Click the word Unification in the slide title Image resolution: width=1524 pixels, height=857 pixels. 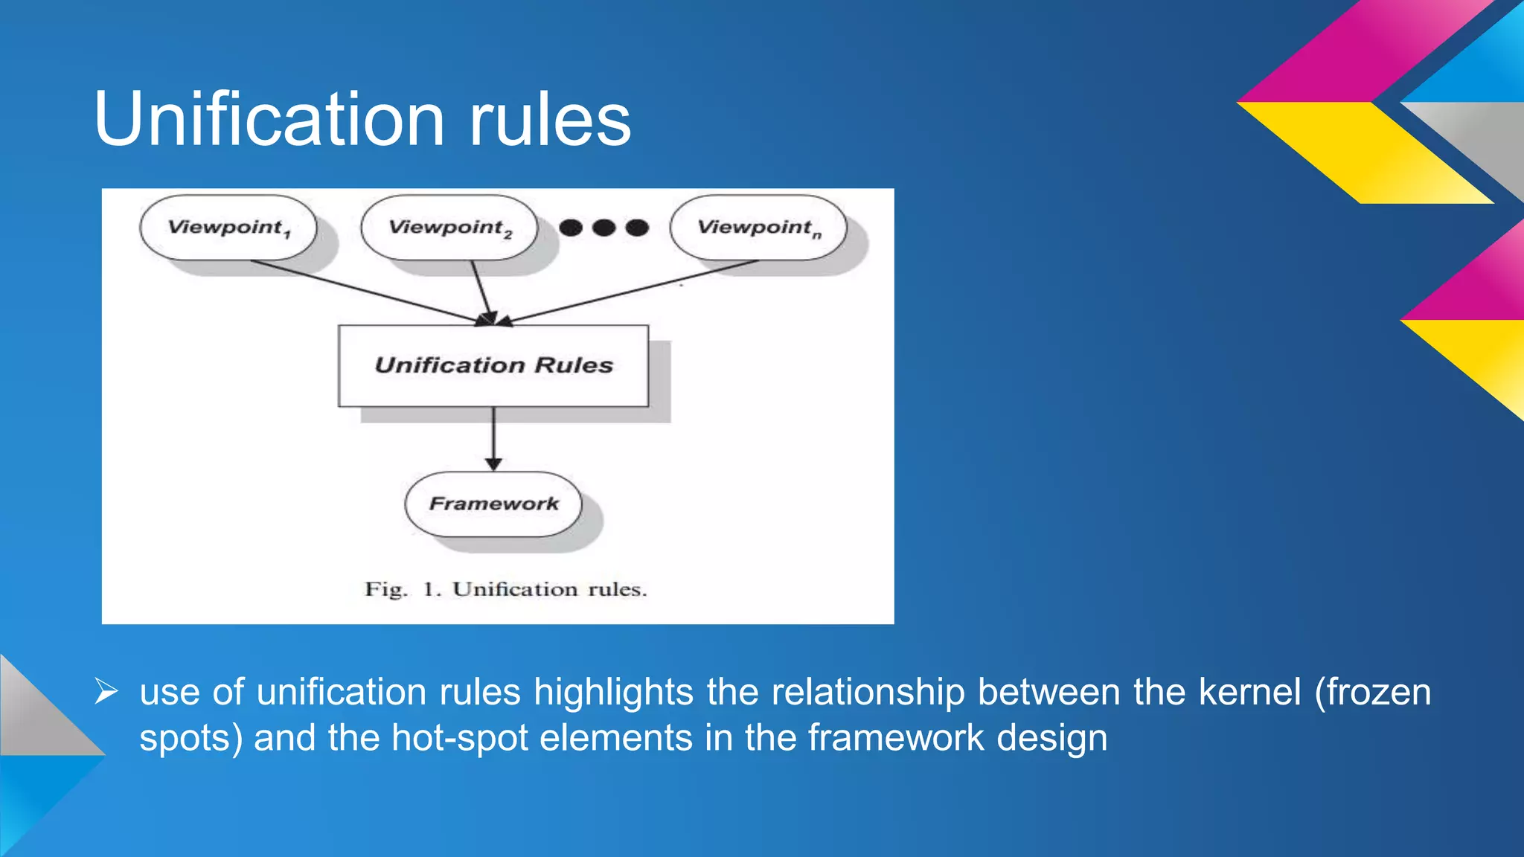pos(269,119)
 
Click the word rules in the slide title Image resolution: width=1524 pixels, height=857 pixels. pos(549,119)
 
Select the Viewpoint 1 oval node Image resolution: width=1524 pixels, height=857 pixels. pos(228,228)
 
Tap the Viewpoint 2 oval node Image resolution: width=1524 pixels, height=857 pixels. pos(449,228)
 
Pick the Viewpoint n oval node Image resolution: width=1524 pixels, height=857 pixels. pos(758,228)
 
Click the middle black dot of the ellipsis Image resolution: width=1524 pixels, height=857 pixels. pos(603,228)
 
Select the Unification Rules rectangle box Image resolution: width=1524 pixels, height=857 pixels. pos(493,365)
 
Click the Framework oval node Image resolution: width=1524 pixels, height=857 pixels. pos(493,504)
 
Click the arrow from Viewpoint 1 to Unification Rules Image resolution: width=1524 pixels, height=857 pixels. pos(365,292)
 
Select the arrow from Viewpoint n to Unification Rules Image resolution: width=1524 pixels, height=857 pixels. pos(633,292)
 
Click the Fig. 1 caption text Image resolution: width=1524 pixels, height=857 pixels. pos(505,589)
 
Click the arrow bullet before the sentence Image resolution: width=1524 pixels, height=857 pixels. pos(106,692)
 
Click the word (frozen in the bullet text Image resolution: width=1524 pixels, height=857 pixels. pos(1372,692)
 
